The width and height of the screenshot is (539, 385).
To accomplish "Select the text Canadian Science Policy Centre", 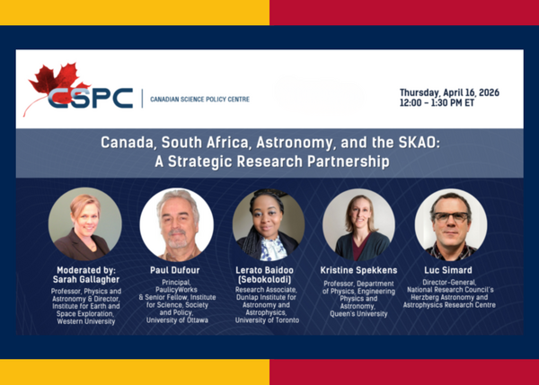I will point(199,99).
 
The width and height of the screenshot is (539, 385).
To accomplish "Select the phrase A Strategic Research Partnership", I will point(270,162).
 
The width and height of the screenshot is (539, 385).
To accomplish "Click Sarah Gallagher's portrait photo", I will point(84,224).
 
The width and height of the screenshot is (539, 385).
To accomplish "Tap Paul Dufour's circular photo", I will point(176,224).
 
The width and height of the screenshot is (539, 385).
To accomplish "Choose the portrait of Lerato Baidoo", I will point(268,224).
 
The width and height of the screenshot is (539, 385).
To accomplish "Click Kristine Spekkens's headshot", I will point(358,224).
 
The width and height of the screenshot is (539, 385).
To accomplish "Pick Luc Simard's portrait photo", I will point(450,224).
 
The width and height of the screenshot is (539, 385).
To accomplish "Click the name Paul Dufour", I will point(176,270).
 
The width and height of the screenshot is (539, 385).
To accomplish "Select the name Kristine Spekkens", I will point(358,270).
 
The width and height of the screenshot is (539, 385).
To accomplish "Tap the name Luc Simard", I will point(450,270).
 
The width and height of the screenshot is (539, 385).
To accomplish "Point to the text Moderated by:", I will point(84,270).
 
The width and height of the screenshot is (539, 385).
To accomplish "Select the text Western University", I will point(84,321).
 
